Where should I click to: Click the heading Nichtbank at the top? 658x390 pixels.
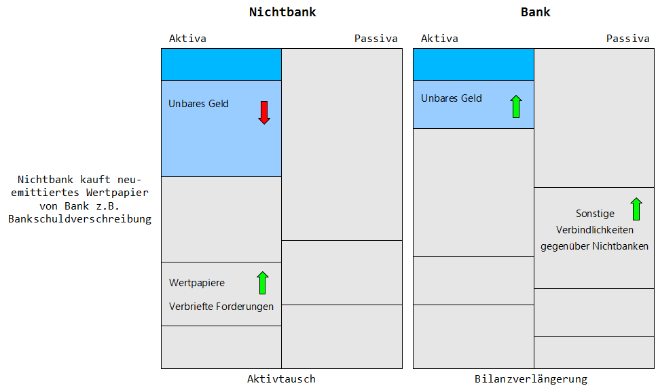[282, 12]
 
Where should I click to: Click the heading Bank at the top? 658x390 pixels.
[536, 12]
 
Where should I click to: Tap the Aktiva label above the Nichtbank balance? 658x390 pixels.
[187, 39]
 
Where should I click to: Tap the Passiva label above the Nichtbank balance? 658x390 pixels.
[376, 39]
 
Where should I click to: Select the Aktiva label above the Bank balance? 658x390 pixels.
[439, 39]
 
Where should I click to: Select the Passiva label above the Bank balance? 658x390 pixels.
[628, 39]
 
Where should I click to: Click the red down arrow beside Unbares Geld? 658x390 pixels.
[264, 113]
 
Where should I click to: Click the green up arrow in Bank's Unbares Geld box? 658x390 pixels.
[516, 106]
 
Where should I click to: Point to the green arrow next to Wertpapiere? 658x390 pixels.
[262, 283]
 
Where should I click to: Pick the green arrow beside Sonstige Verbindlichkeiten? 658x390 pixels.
[636, 209]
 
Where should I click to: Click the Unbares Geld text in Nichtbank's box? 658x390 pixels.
[198, 104]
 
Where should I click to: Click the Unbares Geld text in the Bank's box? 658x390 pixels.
[452, 98]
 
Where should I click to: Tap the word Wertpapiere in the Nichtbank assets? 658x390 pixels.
[197, 283]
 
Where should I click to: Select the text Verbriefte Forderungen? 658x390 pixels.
[221, 307]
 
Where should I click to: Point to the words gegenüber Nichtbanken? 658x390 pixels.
[594, 246]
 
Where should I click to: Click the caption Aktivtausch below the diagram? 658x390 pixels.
[281, 379]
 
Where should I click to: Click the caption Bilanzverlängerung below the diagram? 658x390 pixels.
[531, 379]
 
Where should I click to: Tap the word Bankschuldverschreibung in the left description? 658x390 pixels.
[79, 219]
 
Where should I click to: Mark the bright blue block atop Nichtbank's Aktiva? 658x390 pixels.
[221, 64]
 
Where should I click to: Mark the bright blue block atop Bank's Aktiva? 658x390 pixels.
[473, 64]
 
